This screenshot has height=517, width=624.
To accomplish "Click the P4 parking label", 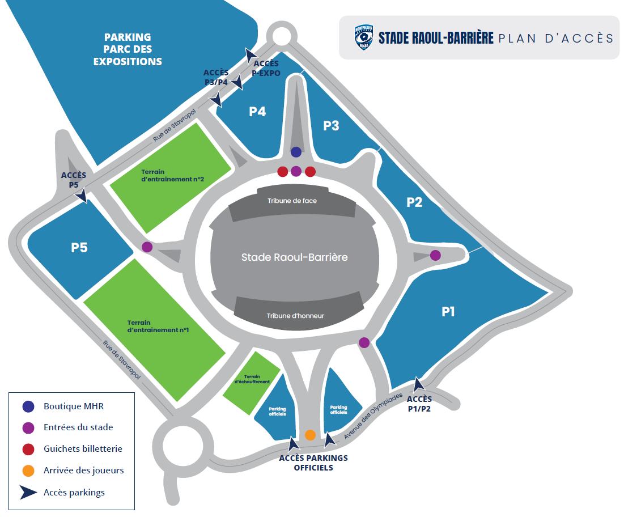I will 257,112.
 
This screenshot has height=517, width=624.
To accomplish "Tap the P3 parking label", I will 331,126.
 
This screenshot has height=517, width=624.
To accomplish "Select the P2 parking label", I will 415,202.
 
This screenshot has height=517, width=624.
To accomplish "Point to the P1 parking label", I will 448,311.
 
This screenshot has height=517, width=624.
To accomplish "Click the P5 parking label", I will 79,248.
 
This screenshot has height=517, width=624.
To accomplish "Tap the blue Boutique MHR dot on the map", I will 296,152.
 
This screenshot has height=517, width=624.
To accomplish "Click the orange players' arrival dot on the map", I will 310,435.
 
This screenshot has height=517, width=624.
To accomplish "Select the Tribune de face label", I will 292,201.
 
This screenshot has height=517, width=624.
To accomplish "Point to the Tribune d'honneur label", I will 295,316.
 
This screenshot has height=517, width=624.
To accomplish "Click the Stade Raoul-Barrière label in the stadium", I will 294,257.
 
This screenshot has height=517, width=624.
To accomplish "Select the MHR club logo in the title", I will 364,37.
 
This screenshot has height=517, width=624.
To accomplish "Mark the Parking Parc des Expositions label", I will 128,49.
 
